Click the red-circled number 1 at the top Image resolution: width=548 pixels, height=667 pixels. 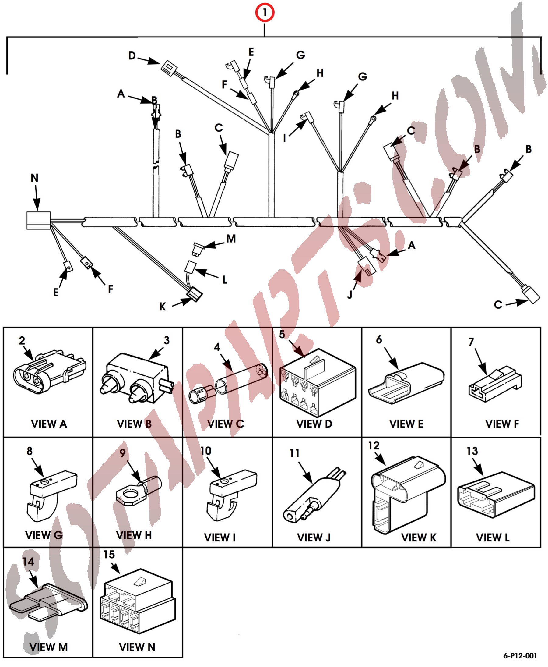pyautogui.click(x=265, y=12)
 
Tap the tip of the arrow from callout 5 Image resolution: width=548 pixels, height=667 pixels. pyautogui.click(x=305, y=357)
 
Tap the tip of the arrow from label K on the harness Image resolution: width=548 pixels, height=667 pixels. pyautogui.click(x=191, y=299)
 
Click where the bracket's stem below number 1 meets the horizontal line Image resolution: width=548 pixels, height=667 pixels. pyautogui.click(x=265, y=37)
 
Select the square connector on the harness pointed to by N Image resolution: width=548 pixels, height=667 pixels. pyautogui.click(x=38, y=220)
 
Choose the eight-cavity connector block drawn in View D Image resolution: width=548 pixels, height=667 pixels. pyautogui.click(x=318, y=383)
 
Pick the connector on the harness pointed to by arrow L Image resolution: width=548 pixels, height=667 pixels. pyautogui.click(x=190, y=267)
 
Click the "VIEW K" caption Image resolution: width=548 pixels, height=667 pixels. pyautogui.click(x=419, y=537)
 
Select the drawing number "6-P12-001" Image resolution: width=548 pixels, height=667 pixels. pyautogui.click(x=520, y=656)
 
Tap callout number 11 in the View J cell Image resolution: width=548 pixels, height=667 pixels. pyautogui.click(x=294, y=453)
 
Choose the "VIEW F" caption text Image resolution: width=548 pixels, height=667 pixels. pyautogui.click(x=502, y=424)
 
